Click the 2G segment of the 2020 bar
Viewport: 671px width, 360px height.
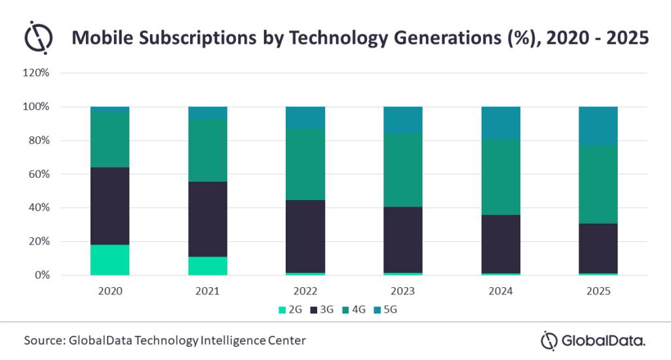(x=110, y=260)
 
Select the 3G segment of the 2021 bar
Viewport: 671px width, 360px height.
(x=208, y=219)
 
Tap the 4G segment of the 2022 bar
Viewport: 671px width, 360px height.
(x=305, y=165)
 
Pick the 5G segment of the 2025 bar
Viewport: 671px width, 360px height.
(x=598, y=127)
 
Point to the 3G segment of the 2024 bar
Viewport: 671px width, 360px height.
(x=501, y=244)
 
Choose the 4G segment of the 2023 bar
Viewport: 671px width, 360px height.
(x=403, y=170)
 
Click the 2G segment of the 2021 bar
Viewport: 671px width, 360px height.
(x=208, y=266)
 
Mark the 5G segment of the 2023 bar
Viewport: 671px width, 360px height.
(x=403, y=120)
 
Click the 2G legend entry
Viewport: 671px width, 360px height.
(x=290, y=310)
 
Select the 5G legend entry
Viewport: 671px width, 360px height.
(x=385, y=310)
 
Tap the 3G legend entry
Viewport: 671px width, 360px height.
(x=322, y=310)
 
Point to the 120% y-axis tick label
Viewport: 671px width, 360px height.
(x=36, y=73)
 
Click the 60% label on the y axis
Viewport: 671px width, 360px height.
(x=39, y=174)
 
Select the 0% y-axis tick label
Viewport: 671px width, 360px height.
(x=42, y=275)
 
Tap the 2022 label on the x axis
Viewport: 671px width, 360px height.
(x=305, y=291)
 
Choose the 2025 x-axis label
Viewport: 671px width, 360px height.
(x=598, y=291)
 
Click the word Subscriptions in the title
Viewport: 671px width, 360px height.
(x=198, y=37)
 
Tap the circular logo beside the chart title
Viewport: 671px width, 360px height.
(x=38, y=37)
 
